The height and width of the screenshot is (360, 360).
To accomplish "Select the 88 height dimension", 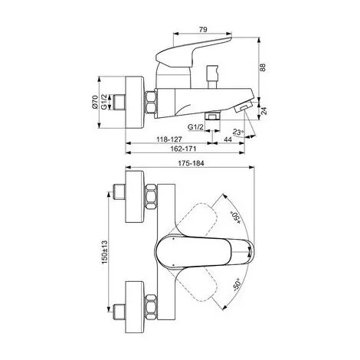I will (x=263, y=67).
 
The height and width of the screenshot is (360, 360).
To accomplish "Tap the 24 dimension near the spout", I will (x=263, y=110).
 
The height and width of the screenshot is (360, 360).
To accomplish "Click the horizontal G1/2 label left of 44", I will (x=198, y=127).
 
